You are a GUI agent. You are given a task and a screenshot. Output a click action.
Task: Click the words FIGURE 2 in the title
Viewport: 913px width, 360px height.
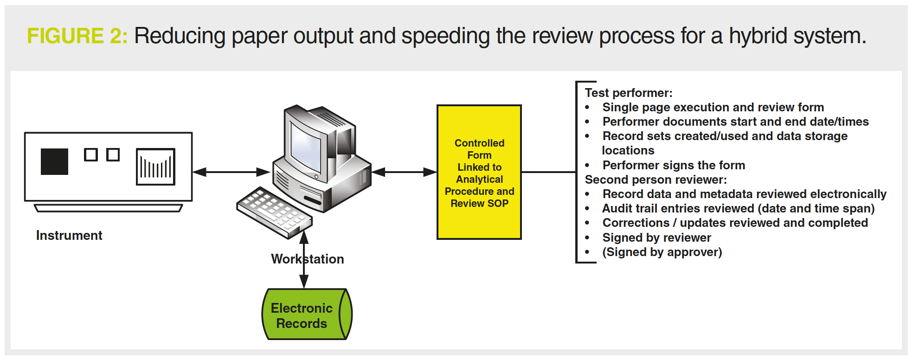pyautogui.click(x=77, y=36)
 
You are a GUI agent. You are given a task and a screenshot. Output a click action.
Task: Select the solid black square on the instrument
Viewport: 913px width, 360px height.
pyautogui.click(x=54, y=161)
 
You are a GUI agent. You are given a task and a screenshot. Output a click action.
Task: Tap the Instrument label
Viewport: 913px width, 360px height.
pyautogui.click(x=69, y=236)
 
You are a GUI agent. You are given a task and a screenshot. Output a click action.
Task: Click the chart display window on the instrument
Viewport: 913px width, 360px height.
pyautogui.click(x=155, y=167)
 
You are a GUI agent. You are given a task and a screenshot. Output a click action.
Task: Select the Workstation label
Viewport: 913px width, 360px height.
pyautogui.click(x=307, y=259)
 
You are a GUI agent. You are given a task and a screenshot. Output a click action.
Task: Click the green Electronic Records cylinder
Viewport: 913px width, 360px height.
pyautogui.click(x=307, y=315)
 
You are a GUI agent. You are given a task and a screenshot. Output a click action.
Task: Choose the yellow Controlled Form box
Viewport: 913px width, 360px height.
pyautogui.click(x=479, y=172)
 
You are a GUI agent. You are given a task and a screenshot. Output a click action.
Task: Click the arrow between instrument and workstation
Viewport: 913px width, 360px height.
pyautogui.click(x=231, y=172)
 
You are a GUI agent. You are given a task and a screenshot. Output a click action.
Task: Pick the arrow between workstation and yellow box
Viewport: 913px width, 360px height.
pyautogui.click(x=404, y=172)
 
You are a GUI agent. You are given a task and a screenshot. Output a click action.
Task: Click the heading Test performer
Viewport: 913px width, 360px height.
pyautogui.click(x=628, y=93)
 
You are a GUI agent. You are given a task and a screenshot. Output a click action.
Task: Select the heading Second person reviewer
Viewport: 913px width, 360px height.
pyautogui.click(x=656, y=180)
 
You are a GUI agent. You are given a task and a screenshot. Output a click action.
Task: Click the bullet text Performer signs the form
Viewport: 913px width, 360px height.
pyautogui.click(x=674, y=165)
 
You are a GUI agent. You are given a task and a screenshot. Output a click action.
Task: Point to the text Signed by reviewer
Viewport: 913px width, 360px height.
pyautogui.click(x=656, y=238)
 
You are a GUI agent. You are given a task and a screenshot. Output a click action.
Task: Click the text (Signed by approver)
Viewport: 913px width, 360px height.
pyautogui.click(x=662, y=252)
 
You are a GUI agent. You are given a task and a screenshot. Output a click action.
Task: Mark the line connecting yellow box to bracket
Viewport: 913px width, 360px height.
pyautogui.click(x=548, y=172)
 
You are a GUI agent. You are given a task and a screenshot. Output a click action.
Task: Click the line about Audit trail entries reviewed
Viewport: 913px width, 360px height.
pyautogui.click(x=738, y=209)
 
